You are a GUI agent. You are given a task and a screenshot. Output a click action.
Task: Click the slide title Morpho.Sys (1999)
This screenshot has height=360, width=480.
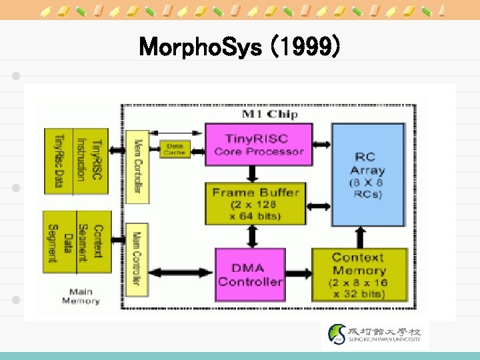(240, 48)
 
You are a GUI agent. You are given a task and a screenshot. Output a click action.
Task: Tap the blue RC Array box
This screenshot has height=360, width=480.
(369, 174)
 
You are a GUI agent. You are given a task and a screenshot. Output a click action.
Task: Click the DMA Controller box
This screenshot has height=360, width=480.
(250, 273)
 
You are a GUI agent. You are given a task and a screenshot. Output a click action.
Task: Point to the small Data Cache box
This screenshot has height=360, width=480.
(175, 149)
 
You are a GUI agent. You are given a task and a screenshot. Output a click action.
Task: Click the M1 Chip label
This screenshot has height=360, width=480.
(269, 114)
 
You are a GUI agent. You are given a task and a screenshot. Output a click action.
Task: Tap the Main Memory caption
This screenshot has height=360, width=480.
(81, 296)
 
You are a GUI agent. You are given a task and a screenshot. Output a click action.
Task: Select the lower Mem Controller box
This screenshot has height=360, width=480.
(137, 257)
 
